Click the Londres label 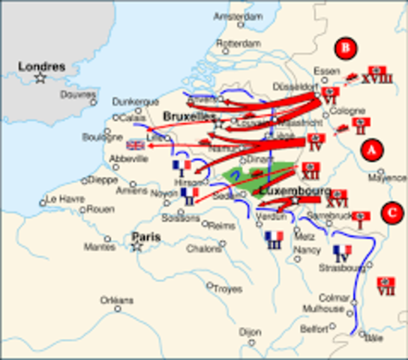click(x=42, y=66)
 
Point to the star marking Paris click(x=136, y=246)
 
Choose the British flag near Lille click(x=136, y=145)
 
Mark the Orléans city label click(x=117, y=300)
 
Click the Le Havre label click(x=62, y=199)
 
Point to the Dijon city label click(x=249, y=330)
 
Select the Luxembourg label click(x=289, y=190)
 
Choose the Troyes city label click(x=227, y=288)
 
